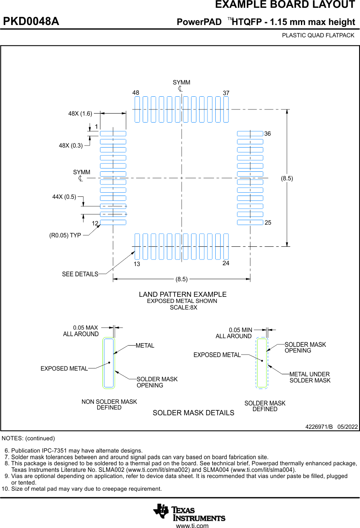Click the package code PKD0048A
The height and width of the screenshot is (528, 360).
coord(31,22)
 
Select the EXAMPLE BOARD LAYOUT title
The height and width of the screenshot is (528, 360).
coord(285,5)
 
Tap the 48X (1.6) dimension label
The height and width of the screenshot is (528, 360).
coord(80,114)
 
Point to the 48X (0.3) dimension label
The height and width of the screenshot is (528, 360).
coord(71,145)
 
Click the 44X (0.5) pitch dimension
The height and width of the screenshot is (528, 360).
coord(64,197)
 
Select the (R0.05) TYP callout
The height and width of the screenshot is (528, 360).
coord(65,235)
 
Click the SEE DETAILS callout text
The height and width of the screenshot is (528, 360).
coord(80,274)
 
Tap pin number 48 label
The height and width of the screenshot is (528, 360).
coord(136,93)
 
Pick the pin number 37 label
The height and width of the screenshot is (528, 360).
coord(226,93)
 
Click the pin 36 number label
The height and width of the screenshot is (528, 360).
coord(267,134)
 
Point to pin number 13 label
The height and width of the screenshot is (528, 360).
coord(137,264)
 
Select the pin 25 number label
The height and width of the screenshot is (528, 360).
coord(268,223)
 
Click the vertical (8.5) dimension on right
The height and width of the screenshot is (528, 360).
coord(287,178)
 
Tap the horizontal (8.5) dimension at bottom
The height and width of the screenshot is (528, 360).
coord(181,279)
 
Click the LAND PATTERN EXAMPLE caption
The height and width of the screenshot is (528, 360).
coord(182,294)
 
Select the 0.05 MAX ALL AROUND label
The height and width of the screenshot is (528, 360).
coord(81,331)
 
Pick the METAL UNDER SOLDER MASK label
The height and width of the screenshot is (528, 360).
coord(310,378)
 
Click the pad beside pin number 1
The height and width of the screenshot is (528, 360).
coord(113,134)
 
